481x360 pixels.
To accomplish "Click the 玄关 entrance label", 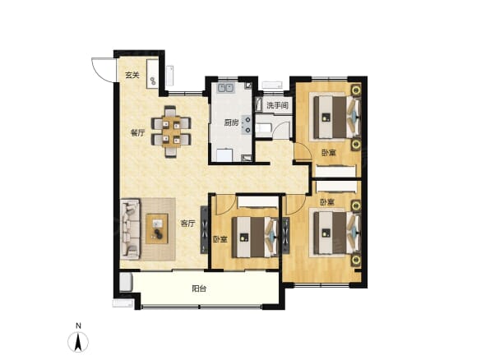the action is coord(132,75).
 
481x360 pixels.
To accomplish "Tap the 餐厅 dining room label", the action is coord(138,133).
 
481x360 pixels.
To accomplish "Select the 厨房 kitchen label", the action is coord(231,123).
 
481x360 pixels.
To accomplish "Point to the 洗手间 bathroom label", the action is coord(277,106).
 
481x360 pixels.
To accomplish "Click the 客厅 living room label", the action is coord(187,224).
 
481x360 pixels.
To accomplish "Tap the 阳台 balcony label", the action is coord(199,288).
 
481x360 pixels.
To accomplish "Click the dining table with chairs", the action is coord(171,132).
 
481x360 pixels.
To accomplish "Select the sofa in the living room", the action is coord(130,228).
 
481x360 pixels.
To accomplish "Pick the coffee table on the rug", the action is coord(157,228).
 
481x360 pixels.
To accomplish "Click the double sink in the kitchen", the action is coord(225,88).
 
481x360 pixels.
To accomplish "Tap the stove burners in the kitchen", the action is coord(247,125).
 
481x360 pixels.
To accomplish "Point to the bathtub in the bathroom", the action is coord(263,128).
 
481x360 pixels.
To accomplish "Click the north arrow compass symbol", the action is coord(78,342).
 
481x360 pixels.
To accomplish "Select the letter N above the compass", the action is coord(79,325).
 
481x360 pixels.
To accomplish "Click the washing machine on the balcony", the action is coord(126,282).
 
